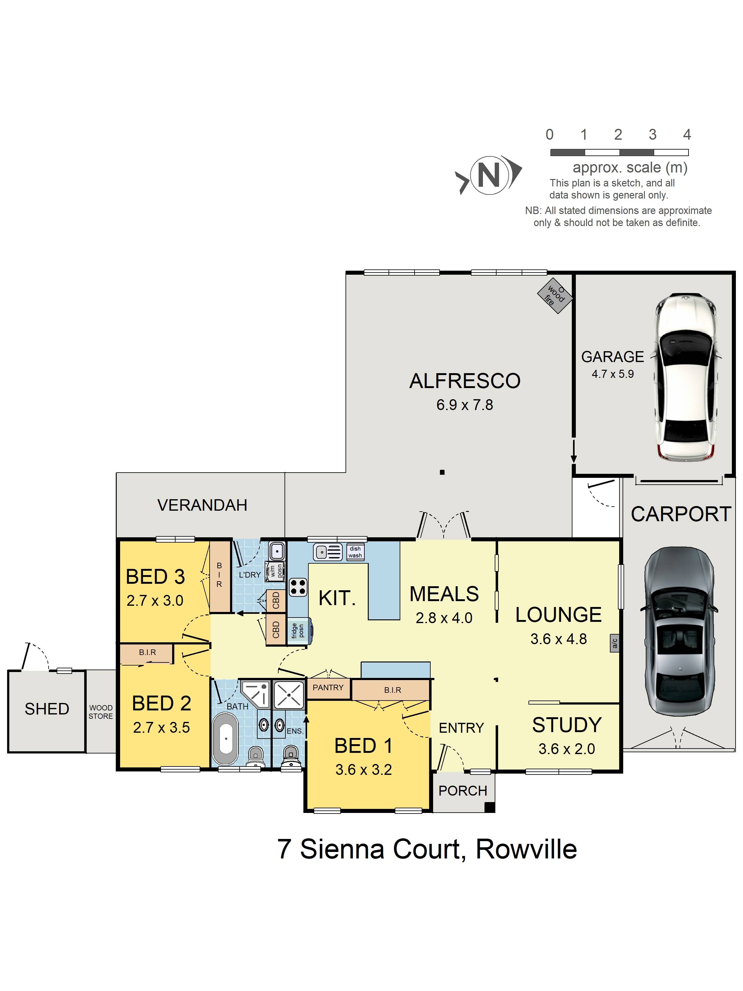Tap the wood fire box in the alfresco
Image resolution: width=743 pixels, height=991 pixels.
point(555,296)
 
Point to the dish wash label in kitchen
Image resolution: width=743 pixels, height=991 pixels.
point(355,552)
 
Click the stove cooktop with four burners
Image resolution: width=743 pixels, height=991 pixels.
point(298,587)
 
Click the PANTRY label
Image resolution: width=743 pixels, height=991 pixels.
point(328,687)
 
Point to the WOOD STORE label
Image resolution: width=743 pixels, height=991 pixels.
point(100,712)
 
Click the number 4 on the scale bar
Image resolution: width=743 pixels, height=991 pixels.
point(687,134)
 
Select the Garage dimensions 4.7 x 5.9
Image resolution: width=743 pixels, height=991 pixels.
point(612,374)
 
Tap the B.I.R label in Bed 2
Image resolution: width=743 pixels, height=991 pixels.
point(147,652)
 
